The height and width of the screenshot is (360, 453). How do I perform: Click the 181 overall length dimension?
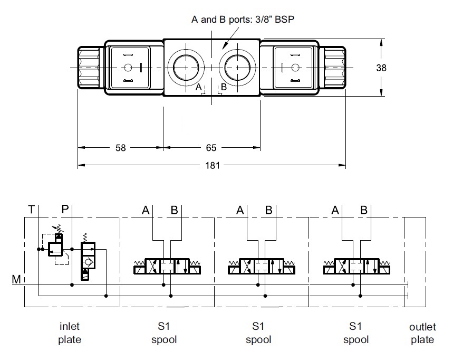[x=211, y=165]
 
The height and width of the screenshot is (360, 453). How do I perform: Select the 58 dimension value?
[x=121, y=148]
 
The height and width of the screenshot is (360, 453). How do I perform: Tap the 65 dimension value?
[x=211, y=148]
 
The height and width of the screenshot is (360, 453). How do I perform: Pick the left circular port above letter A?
[x=184, y=67]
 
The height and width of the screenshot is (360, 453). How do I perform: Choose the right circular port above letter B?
[x=238, y=67]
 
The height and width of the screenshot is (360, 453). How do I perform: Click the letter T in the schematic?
[x=32, y=210]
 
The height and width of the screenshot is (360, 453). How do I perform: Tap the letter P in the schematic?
[x=65, y=210]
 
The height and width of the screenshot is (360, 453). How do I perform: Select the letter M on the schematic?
[x=16, y=279]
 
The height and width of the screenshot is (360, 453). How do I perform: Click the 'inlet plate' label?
[x=70, y=333]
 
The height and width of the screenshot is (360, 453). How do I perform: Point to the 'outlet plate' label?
[x=422, y=333]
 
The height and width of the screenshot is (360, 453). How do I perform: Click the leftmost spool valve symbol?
[x=166, y=266]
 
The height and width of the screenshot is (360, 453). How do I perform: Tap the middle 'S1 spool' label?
[x=258, y=333]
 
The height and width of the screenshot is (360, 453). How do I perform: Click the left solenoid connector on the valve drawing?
[x=128, y=68]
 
